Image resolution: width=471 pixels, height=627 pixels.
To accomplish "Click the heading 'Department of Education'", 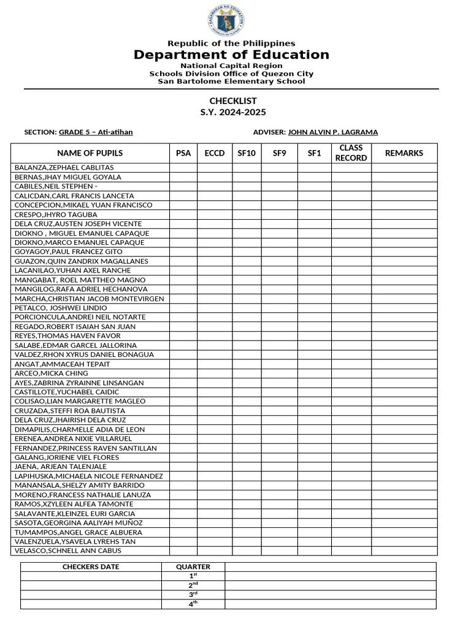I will (231, 55).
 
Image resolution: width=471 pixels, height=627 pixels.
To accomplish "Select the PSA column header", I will (183, 153).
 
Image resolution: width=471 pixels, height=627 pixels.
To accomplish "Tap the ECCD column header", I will (215, 153).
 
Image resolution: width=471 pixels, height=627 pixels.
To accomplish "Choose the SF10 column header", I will (247, 153).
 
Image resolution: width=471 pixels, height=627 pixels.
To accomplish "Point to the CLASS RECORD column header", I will (351, 153).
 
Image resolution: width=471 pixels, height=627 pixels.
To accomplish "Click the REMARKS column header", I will (404, 153).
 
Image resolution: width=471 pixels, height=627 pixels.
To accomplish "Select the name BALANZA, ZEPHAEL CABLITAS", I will (64, 168).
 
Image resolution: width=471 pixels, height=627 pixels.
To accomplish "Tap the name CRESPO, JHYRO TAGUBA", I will (56, 215).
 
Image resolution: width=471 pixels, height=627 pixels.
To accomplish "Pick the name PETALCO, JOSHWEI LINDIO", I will (61, 308).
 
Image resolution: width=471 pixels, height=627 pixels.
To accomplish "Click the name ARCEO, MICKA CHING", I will (52, 374).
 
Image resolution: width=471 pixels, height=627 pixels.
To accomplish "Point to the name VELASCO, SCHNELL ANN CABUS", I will (68, 551).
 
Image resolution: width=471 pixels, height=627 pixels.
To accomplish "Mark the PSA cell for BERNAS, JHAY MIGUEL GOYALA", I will (183, 177).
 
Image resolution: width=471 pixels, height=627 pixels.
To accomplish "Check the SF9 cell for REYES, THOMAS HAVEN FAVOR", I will (280, 336).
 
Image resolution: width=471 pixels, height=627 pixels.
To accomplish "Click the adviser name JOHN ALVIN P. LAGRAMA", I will (333, 132).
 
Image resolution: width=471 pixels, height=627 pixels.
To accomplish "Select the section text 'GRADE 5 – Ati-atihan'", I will (96, 132).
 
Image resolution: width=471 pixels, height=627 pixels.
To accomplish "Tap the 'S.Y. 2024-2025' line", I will (233, 113).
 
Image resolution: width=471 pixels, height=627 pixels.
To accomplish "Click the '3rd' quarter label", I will (193, 595).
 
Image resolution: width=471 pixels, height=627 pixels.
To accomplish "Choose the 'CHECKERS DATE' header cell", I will (91, 567).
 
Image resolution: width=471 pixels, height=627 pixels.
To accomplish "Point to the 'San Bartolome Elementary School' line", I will (231, 81).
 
